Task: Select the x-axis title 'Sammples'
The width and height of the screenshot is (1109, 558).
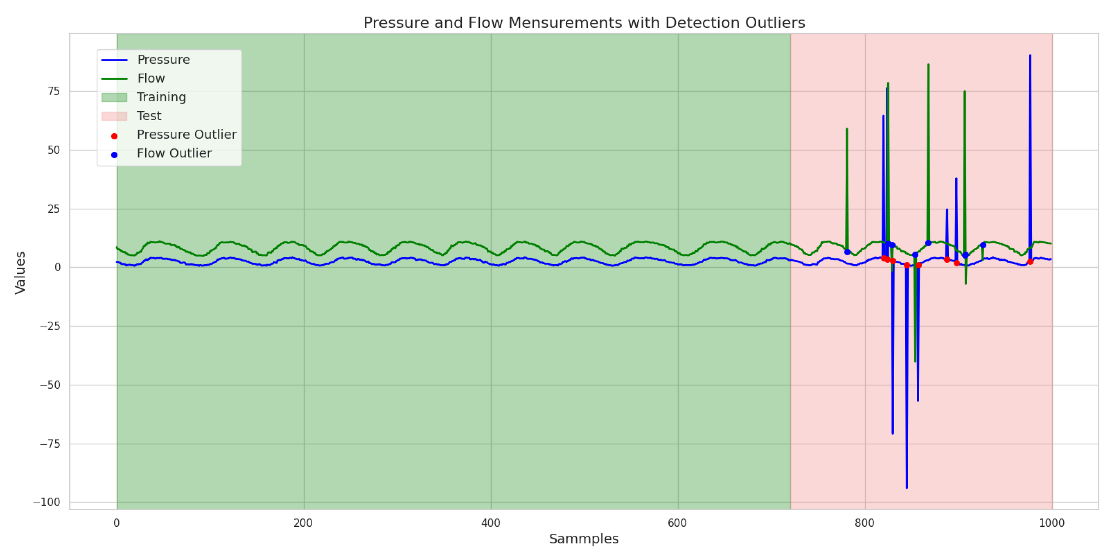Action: click(x=583, y=539)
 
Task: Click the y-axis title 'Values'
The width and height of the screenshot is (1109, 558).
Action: click(x=20, y=273)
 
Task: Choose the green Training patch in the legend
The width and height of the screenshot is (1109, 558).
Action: click(x=114, y=97)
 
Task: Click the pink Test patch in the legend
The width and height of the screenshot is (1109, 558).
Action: click(x=114, y=116)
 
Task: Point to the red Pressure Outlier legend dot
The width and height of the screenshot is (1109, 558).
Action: click(x=114, y=136)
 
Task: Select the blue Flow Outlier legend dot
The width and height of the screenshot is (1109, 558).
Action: click(x=114, y=154)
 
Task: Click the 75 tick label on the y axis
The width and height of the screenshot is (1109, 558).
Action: click(x=54, y=91)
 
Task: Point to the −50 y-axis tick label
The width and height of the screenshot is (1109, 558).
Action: click(x=50, y=385)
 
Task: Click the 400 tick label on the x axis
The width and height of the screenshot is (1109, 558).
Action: click(x=491, y=523)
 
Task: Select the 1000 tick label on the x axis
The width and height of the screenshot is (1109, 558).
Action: click(x=1051, y=523)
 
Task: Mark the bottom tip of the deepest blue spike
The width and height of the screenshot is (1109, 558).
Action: click(x=907, y=488)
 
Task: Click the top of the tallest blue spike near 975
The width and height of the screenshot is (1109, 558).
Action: click(x=1030, y=55)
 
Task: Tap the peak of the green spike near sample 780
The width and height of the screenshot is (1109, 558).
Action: click(x=846, y=129)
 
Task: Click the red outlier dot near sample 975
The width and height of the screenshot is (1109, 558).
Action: click(x=1030, y=262)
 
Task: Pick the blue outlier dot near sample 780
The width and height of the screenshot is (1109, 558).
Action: click(x=847, y=252)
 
